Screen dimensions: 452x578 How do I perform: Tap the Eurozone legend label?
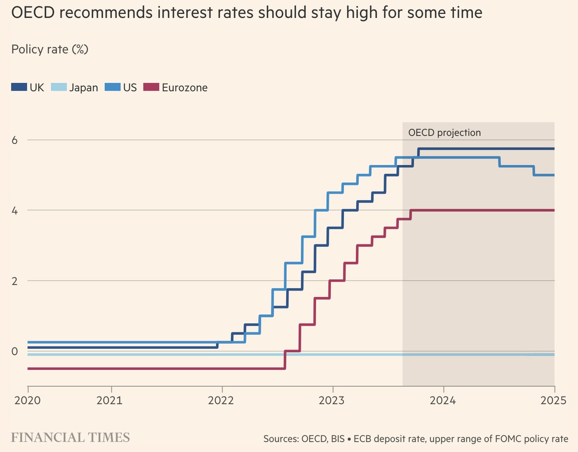[x=185, y=88]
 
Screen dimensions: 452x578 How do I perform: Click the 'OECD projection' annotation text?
[x=445, y=133]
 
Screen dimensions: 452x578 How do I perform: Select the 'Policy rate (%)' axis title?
[x=50, y=49]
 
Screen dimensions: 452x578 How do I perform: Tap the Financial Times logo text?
[x=70, y=438]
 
